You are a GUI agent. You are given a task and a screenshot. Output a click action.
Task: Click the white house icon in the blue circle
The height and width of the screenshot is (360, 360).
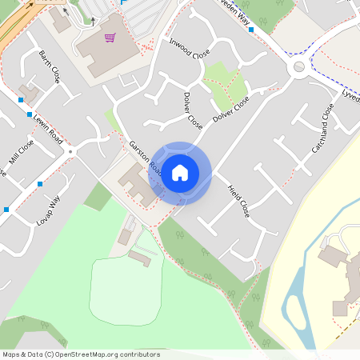coord(180,173)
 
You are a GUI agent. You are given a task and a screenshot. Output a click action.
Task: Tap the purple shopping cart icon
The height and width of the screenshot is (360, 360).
coord(110,38)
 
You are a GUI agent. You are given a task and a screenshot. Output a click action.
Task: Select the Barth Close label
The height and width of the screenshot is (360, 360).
coord(50,66)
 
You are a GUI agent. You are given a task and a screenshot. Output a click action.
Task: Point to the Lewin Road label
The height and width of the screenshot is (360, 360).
coord(48,128)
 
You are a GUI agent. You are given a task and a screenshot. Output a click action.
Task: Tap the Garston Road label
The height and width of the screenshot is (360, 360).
coord(146,158)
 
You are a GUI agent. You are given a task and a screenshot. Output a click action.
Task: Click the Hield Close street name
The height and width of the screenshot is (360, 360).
coord(238,201)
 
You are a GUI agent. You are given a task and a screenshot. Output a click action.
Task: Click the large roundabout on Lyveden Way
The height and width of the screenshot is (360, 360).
coord(299,67)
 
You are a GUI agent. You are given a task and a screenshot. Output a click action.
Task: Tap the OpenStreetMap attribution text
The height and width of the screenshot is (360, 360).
coord(81,354)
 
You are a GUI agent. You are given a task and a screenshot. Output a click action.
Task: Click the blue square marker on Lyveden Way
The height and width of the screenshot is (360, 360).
coord(251,30)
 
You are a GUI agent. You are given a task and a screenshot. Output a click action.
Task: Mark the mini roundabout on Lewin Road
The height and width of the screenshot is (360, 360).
coord(70,150)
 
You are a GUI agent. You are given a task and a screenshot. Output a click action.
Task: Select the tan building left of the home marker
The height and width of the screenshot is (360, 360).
coord(137,184)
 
